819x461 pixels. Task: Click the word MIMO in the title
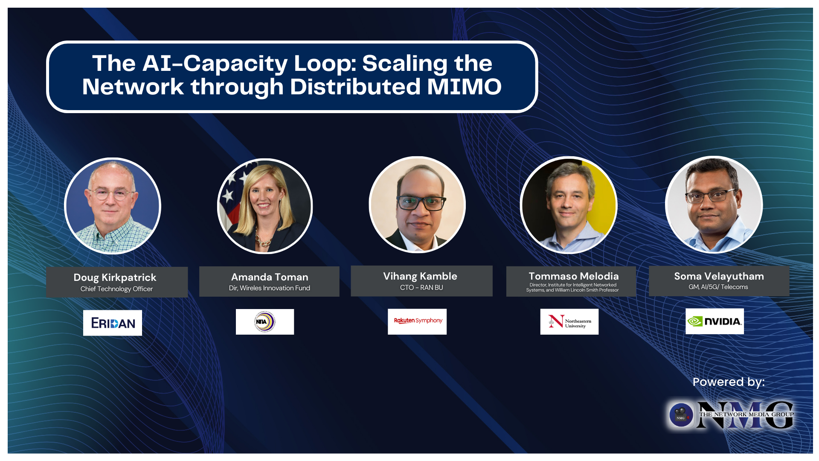point(464,87)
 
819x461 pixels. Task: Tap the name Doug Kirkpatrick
point(115,277)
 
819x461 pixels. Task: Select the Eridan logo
point(113,323)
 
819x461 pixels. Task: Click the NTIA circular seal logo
point(265,322)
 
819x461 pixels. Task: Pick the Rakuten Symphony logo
point(418,321)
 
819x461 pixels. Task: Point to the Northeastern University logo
point(569,322)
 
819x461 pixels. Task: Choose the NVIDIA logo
point(715,321)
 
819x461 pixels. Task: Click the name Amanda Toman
point(270,277)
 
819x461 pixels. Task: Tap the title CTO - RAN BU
point(421,288)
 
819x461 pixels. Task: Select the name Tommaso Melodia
point(573,276)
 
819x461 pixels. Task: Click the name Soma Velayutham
point(719,276)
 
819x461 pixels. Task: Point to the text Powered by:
point(729,382)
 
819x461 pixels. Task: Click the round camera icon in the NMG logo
point(681,414)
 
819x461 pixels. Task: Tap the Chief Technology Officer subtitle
point(116,289)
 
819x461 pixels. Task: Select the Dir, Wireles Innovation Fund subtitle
point(270,288)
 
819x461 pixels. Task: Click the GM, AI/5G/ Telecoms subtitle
point(718,287)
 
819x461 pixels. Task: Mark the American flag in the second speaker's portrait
point(232,192)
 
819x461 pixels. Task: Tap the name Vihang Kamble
point(420,276)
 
